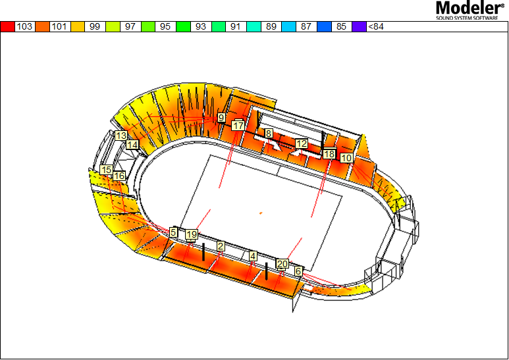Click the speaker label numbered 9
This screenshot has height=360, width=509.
coord(221,117)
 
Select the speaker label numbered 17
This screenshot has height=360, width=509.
coord(238,126)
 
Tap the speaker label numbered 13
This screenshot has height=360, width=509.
coord(121,136)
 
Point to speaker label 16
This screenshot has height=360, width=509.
coord(119,176)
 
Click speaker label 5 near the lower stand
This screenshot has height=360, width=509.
coord(173,232)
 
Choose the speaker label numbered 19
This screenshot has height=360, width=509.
coord(192,234)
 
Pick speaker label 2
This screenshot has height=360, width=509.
coord(221,246)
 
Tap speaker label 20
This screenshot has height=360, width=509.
coord(282,264)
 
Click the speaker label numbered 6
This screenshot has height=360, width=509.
coord(298,270)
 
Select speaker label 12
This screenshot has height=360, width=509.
coord(302,143)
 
